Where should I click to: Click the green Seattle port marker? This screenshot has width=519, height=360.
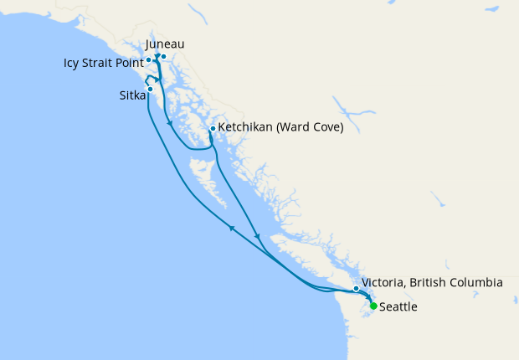point(373,306)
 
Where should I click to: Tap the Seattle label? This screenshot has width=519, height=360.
point(398,307)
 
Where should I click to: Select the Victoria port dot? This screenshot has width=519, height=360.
point(357,289)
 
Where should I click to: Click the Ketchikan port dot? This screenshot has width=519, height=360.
point(213,128)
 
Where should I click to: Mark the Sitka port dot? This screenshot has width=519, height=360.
point(150,89)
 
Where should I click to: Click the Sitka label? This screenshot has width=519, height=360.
point(132,95)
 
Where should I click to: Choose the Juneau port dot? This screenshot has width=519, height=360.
point(163,57)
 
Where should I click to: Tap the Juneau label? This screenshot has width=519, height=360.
point(165,44)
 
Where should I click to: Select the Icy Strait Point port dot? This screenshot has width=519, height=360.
point(148,59)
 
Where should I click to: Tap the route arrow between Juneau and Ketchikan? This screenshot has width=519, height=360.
point(171,125)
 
